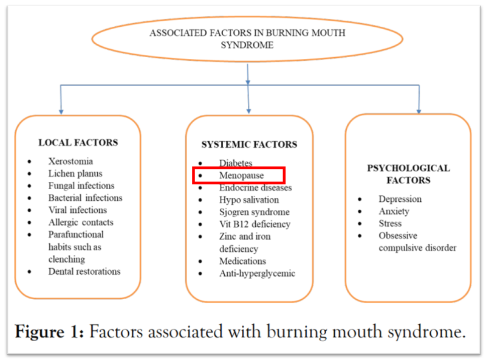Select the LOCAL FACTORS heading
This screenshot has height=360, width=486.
coord(78,143)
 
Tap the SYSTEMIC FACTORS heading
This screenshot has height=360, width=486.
coord(249,145)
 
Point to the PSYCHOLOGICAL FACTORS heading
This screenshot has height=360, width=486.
coord(408,174)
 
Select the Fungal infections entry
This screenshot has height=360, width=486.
coord(81,186)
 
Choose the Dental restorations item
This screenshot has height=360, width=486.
coord(84,271)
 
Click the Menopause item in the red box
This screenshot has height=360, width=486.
coord(242,175)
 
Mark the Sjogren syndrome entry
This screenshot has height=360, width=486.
coord(255,212)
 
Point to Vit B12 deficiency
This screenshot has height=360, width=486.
coord(255,224)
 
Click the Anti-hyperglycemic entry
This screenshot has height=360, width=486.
coord(257,273)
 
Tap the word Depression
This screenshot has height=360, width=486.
coord(400,199)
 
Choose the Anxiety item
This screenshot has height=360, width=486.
coord(394,211)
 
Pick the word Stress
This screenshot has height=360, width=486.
coord(390,223)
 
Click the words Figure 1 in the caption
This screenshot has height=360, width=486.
coord(52,332)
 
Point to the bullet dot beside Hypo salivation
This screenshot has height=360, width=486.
coord(200,200)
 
